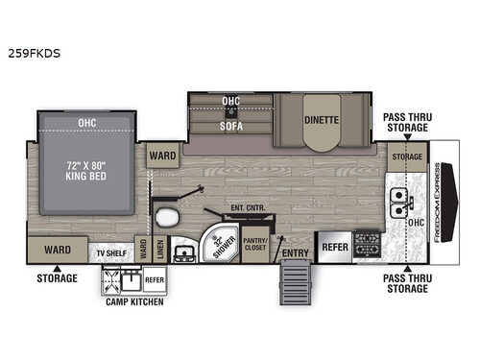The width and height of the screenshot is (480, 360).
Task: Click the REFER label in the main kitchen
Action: (x=333, y=246)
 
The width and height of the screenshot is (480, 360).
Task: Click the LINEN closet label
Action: (x=159, y=248)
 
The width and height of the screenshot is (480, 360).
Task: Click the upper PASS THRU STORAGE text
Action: (x=407, y=121)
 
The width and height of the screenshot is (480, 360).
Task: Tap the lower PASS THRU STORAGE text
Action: (x=407, y=283)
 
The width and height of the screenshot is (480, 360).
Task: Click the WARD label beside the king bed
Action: (x=159, y=153)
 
